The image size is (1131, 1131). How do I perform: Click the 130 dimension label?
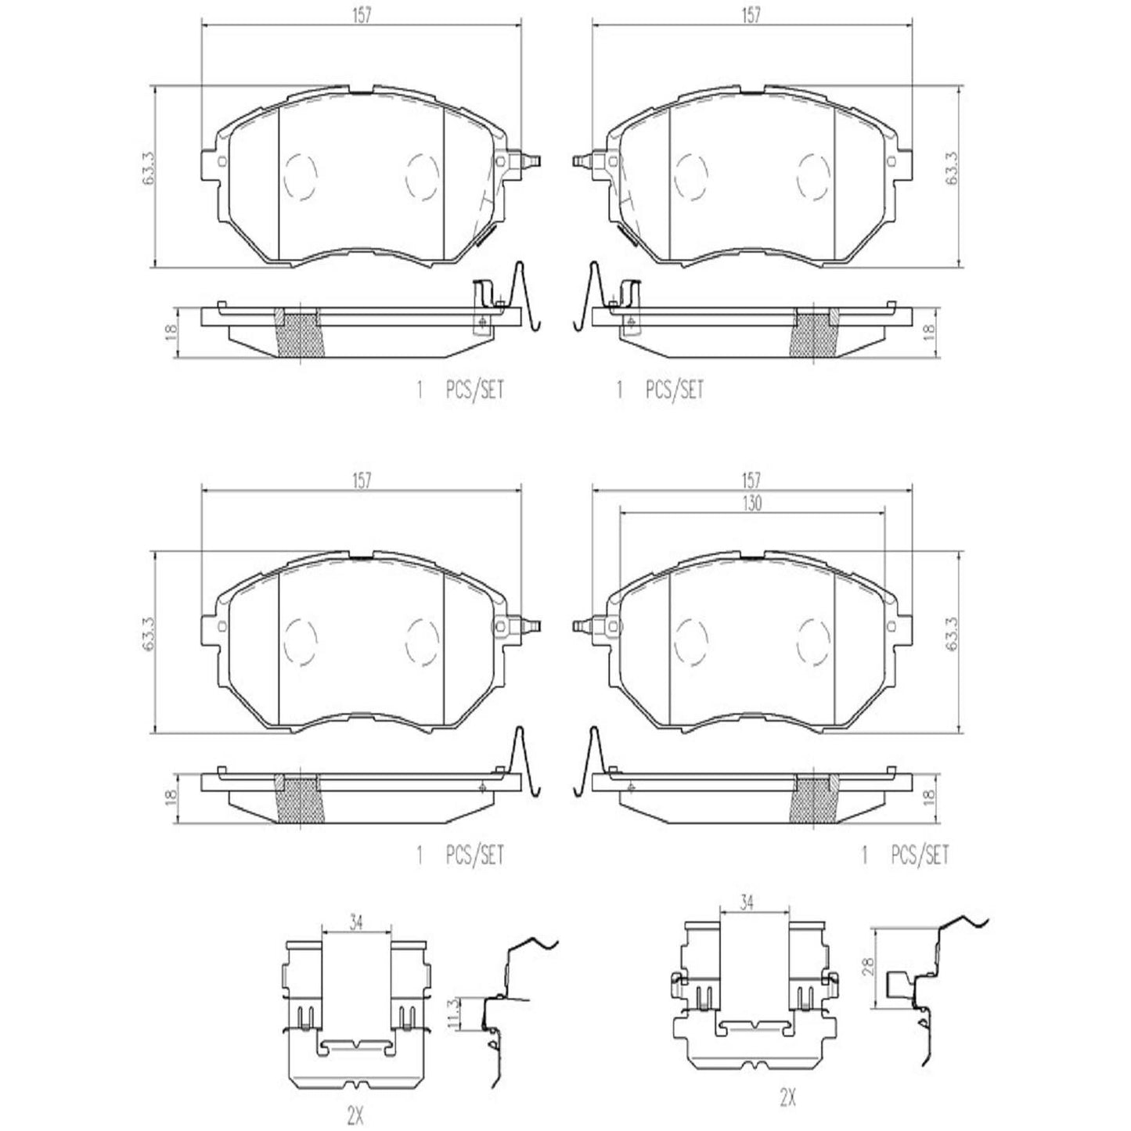tap(751, 505)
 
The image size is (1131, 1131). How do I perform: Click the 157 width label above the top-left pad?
tap(360, 15)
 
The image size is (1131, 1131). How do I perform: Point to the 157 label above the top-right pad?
tap(751, 15)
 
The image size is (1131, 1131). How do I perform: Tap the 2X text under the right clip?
tap(787, 1099)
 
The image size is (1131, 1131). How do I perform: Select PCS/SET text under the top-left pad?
tap(474, 390)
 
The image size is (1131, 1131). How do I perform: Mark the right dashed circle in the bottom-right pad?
tap(813, 640)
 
